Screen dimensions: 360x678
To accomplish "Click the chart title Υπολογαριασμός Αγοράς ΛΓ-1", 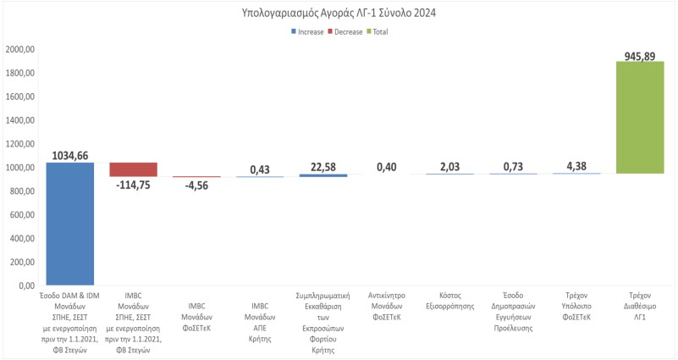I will coord(339,13).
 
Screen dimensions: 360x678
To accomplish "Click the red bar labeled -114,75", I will coord(134,169).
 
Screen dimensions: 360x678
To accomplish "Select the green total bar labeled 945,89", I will coord(640,118).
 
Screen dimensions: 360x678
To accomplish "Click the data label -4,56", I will coord(196,186).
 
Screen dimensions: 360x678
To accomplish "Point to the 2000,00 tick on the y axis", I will coord(19,49).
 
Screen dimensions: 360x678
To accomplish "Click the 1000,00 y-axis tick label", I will coord(19,168).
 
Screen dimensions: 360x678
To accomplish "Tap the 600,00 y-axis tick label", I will coord(22,215).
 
